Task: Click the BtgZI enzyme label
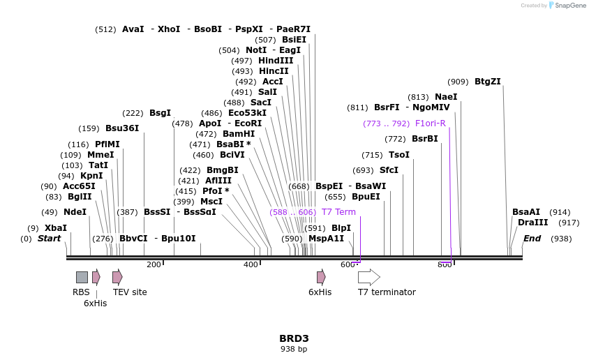point(487,82)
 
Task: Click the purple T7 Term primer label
point(338,212)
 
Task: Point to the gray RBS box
point(82,277)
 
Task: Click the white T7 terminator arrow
point(368,277)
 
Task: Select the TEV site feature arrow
point(117,277)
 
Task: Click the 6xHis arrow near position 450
point(321,277)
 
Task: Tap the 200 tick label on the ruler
point(154,264)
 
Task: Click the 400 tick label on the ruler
point(251,264)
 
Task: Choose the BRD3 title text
point(294,338)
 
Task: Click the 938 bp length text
point(294,349)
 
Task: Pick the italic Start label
point(49,239)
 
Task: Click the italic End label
point(532,239)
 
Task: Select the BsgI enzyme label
point(160,113)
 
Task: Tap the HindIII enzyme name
point(276,61)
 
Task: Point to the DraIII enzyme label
point(532,223)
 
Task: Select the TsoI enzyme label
point(399,155)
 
